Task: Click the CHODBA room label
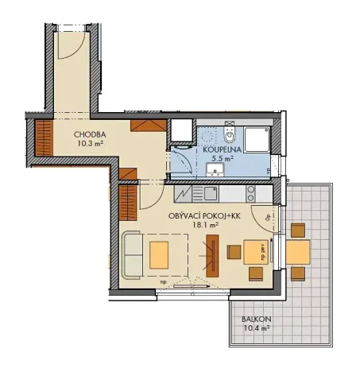click(x=91, y=135)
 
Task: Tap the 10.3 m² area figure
click(x=91, y=145)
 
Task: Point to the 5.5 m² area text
click(x=222, y=158)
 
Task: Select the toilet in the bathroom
click(x=228, y=130)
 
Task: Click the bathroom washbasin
click(x=215, y=170)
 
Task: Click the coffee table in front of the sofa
click(x=160, y=254)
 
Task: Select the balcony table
click(x=298, y=253)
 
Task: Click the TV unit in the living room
click(x=212, y=255)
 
